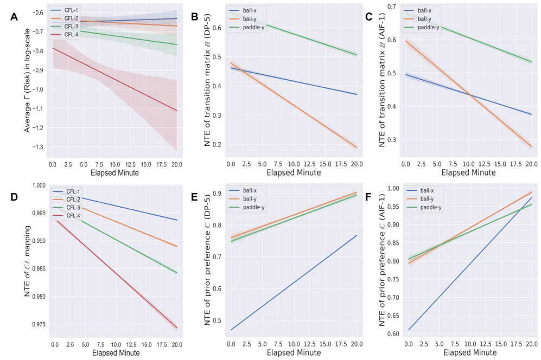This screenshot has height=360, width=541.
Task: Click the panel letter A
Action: click(15, 17)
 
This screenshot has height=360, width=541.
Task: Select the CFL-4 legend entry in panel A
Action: click(69, 35)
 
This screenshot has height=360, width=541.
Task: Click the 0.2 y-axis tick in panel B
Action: click(216, 145)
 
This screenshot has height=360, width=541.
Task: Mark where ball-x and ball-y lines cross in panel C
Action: click(469, 95)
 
